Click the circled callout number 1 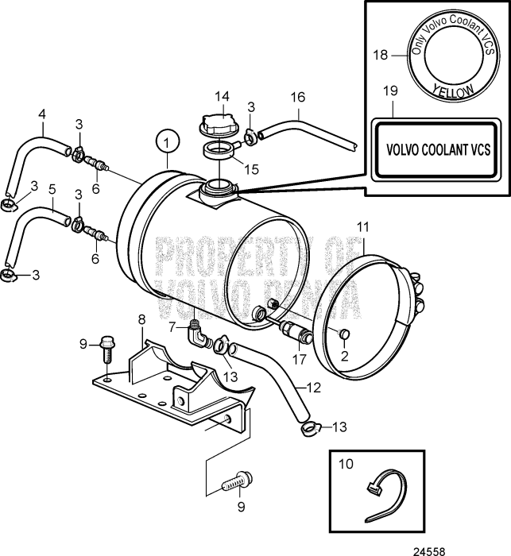pyautogui.click(x=166, y=143)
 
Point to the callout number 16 pyautogui.click(x=298, y=97)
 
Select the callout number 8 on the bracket pyautogui.click(x=142, y=319)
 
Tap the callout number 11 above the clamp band pyautogui.click(x=362, y=227)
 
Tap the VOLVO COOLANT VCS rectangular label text pyautogui.click(x=437, y=149)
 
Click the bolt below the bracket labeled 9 pyautogui.click(x=236, y=481)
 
